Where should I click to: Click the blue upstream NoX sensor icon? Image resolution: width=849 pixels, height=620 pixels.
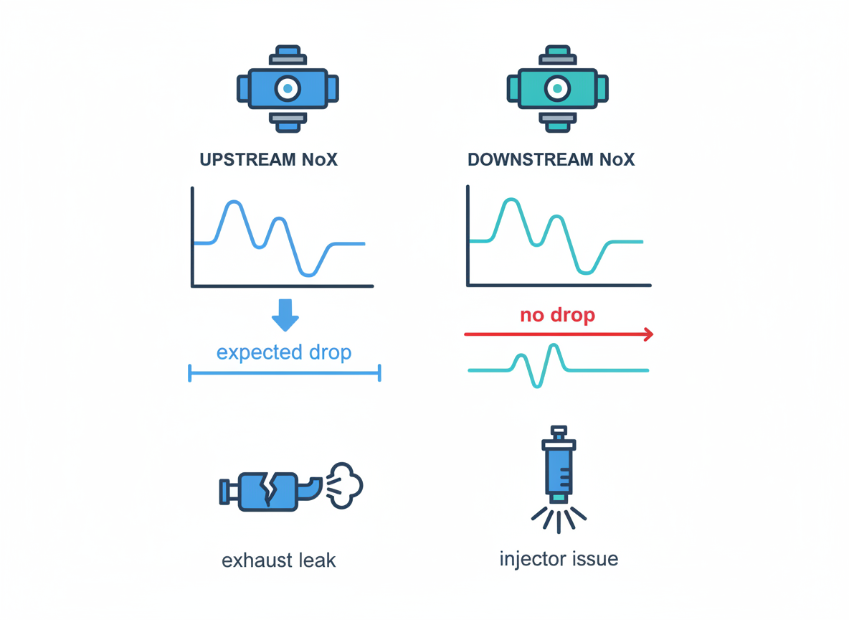pos(288,88)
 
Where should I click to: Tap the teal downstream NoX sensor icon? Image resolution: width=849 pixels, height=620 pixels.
pos(557,88)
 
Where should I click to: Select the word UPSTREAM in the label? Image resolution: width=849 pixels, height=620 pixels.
pos(247,159)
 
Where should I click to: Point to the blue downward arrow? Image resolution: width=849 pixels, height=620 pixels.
pos(285,315)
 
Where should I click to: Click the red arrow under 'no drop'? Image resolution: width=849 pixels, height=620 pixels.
pos(559,334)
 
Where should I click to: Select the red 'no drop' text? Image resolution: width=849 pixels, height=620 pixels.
pos(558,315)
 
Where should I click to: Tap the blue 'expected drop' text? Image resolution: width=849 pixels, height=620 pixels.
pos(284,352)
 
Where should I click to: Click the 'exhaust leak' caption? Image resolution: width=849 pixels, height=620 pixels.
pos(279,560)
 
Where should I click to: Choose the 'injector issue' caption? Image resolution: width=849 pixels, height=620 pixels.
pos(559,559)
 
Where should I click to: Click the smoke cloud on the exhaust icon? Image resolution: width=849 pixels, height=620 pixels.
pos(345,485)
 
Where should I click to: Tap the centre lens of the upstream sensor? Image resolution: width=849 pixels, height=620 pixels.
pos(288,88)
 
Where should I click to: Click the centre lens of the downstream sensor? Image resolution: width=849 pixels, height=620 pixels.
pos(557,88)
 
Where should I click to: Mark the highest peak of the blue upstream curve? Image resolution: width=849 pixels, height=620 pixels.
pos(233,202)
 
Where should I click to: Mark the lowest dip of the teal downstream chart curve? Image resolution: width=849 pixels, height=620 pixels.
pos(585,272)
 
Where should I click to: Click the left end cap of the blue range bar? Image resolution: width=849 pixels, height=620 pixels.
pos(189,373)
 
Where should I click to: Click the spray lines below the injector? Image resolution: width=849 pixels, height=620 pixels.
pos(559,520)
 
